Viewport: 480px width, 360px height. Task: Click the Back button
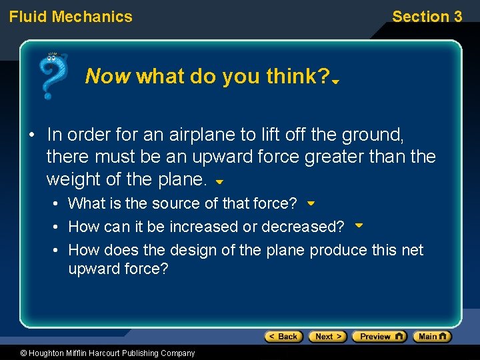click(x=283, y=337)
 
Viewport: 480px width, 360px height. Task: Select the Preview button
click(x=379, y=337)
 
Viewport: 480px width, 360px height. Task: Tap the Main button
click(x=431, y=337)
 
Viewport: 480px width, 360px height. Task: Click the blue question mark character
click(x=52, y=76)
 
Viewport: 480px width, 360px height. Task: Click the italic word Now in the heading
click(x=108, y=77)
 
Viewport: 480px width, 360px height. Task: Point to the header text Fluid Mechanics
click(x=71, y=17)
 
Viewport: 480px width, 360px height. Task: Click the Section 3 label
click(x=427, y=17)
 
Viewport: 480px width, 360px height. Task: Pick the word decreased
click(x=303, y=227)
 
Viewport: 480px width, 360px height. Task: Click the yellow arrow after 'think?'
click(x=337, y=81)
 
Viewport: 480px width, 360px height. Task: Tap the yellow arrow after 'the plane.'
click(x=219, y=181)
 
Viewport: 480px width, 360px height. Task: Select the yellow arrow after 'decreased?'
click(x=359, y=225)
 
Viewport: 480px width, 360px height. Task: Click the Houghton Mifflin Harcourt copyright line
click(x=98, y=353)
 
